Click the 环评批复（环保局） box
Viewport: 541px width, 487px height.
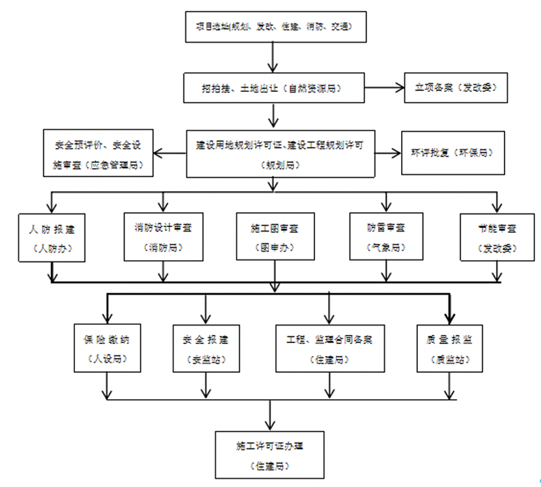click(452, 153)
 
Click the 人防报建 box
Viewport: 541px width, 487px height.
click(52, 236)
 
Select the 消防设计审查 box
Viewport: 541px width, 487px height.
click(163, 236)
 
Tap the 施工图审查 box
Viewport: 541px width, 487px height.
click(275, 236)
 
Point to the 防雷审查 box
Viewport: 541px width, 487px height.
click(385, 236)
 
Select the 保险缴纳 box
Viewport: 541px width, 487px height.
click(108, 347)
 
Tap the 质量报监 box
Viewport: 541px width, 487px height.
click(449, 347)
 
